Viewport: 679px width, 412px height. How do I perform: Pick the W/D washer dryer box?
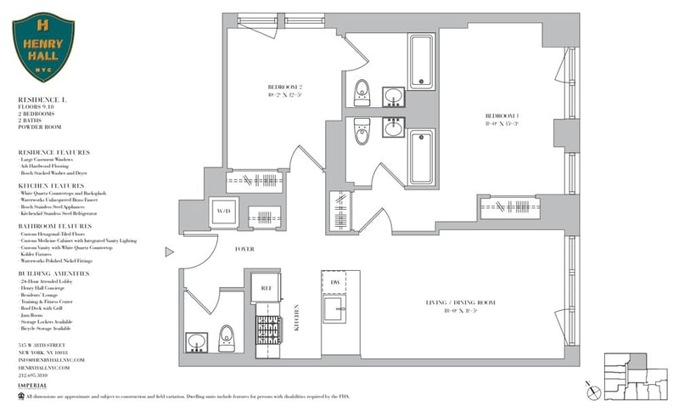(x=224, y=210)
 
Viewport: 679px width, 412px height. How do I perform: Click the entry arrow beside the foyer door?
(x=169, y=251)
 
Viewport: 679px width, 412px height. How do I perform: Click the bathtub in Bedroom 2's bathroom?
(x=421, y=61)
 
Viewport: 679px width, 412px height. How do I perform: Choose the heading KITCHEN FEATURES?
(x=51, y=185)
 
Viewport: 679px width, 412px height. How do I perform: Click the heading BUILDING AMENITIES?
(x=54, y=273)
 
